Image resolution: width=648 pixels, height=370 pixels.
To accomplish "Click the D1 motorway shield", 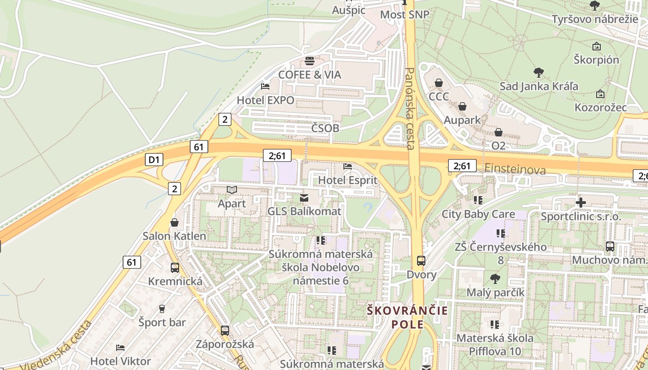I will pos(154,160).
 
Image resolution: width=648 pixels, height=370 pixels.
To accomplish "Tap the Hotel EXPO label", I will pos(265,100).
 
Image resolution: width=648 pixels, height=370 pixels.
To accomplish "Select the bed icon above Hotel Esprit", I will pos(348,166).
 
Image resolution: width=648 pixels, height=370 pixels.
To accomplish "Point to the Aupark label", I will pos(462,120).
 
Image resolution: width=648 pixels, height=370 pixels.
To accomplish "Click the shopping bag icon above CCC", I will pos(438,83).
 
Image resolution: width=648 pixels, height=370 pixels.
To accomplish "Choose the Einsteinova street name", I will pos(515,169).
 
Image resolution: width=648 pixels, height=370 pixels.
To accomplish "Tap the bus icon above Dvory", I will pos(421,261).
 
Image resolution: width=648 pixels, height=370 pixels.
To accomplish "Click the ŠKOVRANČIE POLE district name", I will pos(407,317).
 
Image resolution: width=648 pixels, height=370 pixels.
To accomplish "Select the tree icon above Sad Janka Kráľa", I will pos(538,73).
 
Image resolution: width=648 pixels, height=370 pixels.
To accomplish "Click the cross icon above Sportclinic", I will pos(580,203).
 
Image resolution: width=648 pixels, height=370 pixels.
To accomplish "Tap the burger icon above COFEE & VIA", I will pos(309,61).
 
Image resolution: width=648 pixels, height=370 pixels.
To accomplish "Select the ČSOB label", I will pos(325,128).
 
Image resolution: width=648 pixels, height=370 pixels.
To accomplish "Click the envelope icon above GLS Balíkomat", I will pos(304,198).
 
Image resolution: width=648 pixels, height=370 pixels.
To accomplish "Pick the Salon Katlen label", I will pos(174,236).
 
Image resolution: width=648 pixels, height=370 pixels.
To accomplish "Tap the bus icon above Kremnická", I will pos(175,268).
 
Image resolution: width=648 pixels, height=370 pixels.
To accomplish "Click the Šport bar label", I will pos(162,322).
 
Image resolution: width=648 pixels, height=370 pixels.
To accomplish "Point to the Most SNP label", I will pos(405,15).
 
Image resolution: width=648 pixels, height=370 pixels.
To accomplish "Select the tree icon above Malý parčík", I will pos(495,279).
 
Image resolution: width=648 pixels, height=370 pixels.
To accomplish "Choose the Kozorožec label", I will pos(600,107).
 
